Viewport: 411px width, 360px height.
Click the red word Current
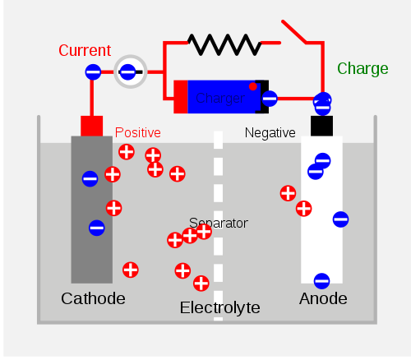(84, 50)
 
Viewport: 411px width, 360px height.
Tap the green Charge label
(363, 68)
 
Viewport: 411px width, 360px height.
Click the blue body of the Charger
(220, 97)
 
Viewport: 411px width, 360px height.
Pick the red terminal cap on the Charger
(180, 96)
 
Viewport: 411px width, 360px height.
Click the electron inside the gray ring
(128, 73)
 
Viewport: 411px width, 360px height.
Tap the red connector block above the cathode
(91, 126)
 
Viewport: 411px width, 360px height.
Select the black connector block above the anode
(321, 126)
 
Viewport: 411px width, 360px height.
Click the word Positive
(138, 132)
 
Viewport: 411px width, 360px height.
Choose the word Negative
(270, 132)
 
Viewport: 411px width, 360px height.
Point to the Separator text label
(218, 223)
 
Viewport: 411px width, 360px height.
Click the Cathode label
(93, 298)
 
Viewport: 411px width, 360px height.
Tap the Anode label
(322, 298)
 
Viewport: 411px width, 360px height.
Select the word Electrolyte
(219, 308)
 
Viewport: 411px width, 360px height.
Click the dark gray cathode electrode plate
(91, 210)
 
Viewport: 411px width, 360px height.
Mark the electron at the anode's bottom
(321, 280)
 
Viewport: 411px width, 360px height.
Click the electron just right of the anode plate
(340, 219)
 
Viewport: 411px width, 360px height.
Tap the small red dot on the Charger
(253, 86)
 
